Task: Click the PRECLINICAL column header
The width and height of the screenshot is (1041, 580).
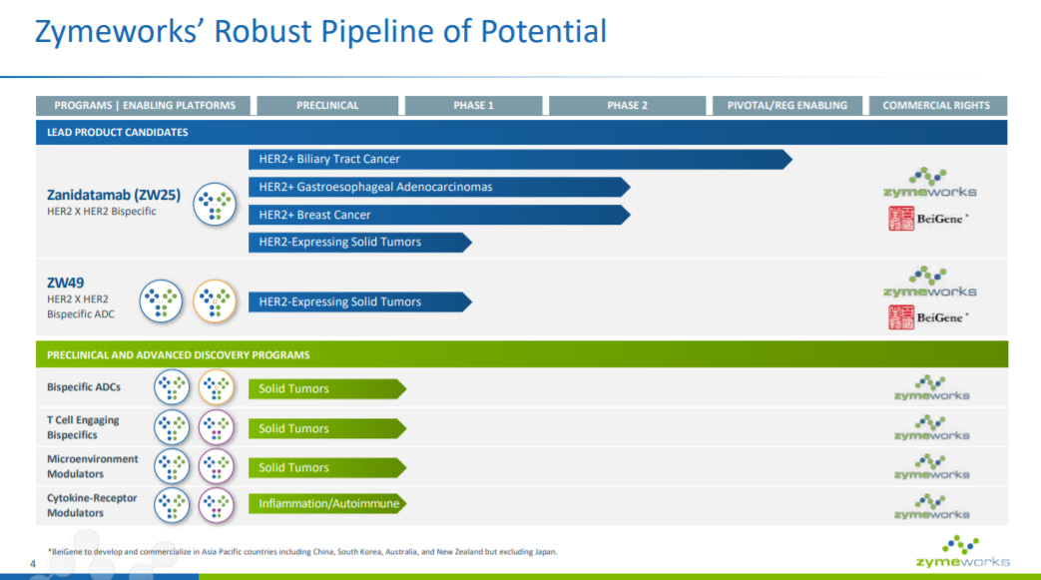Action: pos(327,105)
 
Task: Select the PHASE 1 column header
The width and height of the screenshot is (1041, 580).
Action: pos(473,105)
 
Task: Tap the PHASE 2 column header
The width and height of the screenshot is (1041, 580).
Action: pos(627,105)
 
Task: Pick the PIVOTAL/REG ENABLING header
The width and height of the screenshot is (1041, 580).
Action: pos(786,105)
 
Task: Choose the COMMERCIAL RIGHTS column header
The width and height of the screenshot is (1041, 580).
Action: pos(936,105)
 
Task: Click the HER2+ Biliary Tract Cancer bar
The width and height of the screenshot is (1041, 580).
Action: pos(521,160)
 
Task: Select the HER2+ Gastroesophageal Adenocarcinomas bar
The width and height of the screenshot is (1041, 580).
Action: pos(439,188)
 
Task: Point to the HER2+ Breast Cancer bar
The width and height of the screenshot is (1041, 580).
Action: pos(439,215)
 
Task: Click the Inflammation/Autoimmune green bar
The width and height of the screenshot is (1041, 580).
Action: pos(327,503)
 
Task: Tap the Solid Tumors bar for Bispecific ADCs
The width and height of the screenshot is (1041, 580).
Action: pos(327,388)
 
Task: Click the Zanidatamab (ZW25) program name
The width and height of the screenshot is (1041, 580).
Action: pos(114,195)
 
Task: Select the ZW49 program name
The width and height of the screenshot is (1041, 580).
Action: pos(65,283)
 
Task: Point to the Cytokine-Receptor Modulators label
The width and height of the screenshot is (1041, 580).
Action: pos(92,505)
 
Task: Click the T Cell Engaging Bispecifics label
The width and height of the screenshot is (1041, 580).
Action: pos(83,427)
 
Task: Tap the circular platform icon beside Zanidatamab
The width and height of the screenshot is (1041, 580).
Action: pos(215,204)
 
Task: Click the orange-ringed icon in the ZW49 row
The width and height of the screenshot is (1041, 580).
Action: pos(215,300)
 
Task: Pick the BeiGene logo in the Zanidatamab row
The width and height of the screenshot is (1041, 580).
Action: pos(928,219)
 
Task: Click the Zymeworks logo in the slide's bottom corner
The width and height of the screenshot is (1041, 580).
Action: pos(963,551)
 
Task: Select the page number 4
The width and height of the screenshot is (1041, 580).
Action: pos(33,564)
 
